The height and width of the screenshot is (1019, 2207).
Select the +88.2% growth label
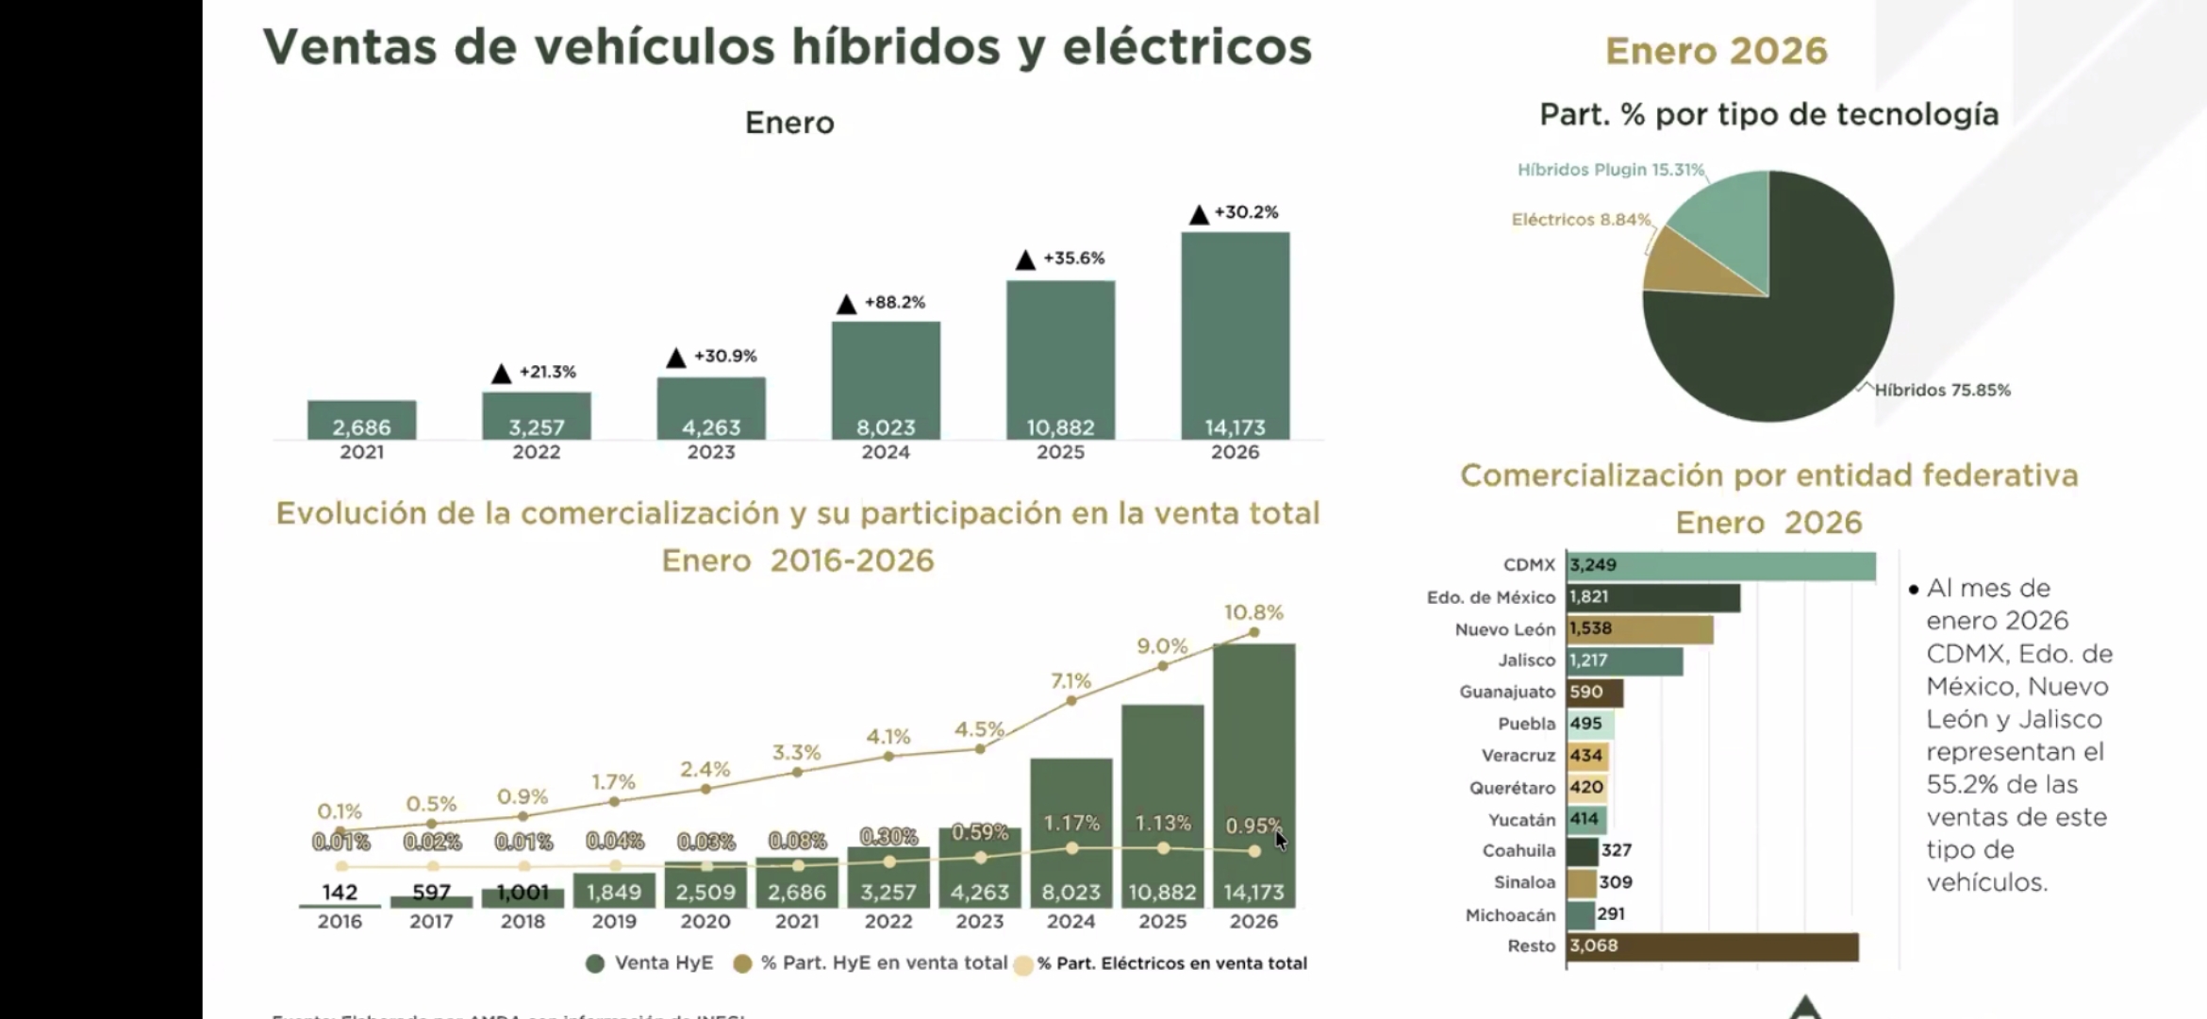point(894,303)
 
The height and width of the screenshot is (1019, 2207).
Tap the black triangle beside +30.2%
point(1199,215)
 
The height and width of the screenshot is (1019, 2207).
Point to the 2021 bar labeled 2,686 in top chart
point(361,420)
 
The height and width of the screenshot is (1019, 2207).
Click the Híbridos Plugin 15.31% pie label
point(1610,170)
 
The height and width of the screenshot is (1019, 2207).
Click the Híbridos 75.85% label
point(1942,390)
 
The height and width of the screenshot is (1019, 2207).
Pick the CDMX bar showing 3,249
point(1720,566)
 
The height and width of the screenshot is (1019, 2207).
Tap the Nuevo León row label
point(1504,629)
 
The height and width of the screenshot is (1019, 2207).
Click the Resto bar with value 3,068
point(1712,946)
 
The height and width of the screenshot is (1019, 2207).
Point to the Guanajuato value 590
point(1586,693)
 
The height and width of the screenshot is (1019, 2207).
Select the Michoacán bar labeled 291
point(1581,914)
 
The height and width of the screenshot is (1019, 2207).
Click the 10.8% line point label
point(1253,612)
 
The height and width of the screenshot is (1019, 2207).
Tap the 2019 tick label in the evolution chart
point(614,922)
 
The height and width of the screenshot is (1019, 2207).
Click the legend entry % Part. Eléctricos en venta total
point(1171,963)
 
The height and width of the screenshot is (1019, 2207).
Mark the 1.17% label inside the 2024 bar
point(1071,824)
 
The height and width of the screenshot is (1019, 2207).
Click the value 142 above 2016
point(340,893)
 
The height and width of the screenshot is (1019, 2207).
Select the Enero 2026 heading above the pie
point(1716,51)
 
